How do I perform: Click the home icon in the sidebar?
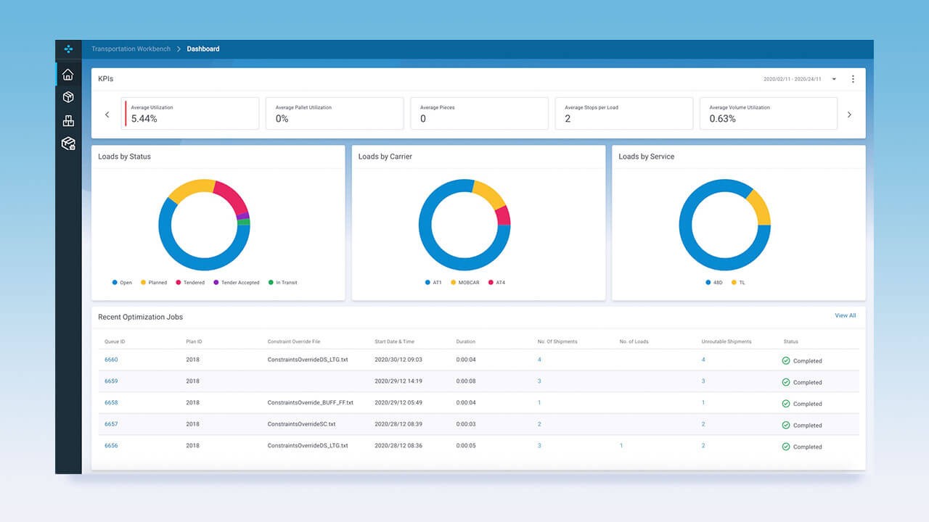(67, 75)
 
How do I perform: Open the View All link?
(845, 316)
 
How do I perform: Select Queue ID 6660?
(111, 360)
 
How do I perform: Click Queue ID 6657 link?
(111, 424)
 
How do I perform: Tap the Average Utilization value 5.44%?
(144, 118)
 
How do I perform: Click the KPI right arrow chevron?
(849, 115)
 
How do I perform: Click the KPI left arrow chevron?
(107, 115)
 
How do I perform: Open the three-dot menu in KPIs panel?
(853, 79)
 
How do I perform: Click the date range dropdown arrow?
(834, 79)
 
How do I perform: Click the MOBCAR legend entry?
(467, 283)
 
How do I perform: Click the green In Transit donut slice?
(244, 222)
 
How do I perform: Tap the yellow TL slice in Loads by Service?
(759, 207)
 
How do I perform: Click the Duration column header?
(465, 341)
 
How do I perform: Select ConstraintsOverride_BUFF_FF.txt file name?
(310, 402)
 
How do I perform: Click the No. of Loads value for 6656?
(621, 446)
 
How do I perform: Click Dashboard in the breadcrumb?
(202, 49)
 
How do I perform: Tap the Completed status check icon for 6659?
(785, 382)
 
